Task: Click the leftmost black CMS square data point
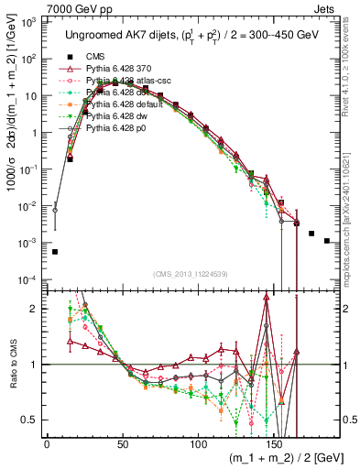coord(55,251)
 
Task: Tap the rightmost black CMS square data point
coord(327,241)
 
